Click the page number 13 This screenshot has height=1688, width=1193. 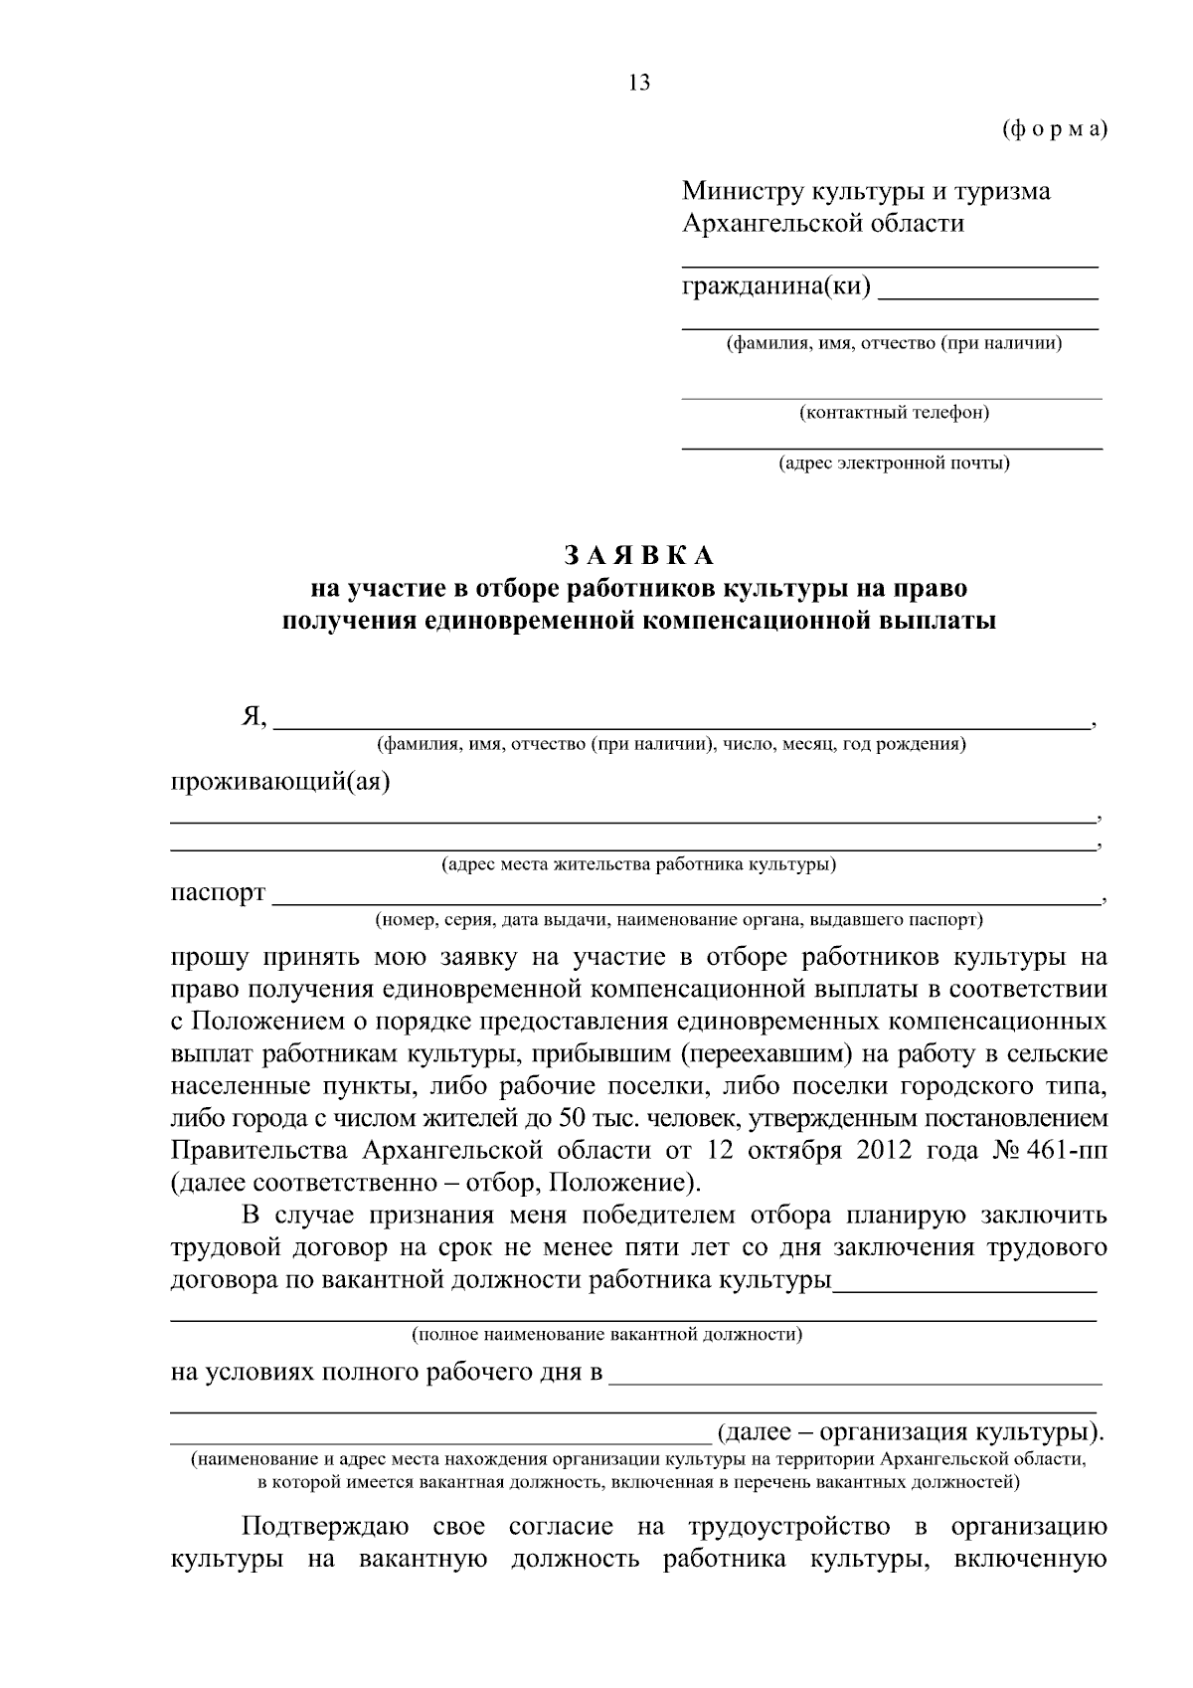coord(639,84)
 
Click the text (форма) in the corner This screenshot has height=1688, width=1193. coord(1054,129)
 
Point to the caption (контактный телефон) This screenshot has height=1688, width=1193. coord(894,413)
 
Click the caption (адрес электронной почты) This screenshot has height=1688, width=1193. coord(894,464)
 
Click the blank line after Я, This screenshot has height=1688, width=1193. coord(681,726)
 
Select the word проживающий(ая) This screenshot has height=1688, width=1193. coord(281,782)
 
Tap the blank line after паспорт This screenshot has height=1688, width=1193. coord(686,900)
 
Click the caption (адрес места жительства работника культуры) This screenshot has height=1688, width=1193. coord(639,865)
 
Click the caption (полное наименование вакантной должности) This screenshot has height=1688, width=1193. coord(607,1335)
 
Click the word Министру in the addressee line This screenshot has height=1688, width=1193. coord(742,191)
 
